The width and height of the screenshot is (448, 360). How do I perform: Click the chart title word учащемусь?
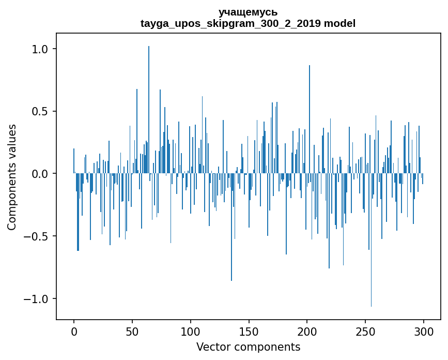click(x=248, y=12)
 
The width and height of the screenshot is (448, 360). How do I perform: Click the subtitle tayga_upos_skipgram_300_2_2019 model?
click(x=248, y=23)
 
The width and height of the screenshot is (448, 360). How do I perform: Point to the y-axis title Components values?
click(x=12, y=177)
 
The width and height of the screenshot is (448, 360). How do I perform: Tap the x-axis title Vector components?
click(x=248, y=347)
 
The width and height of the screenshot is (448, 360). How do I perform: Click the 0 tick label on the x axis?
click(x=74, y=331)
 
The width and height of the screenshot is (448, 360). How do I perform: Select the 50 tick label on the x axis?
click(x=132, y=331)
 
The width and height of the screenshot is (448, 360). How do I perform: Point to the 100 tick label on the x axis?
click(x=191, y=331)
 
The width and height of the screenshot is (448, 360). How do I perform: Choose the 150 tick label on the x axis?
click(x=249, y=331)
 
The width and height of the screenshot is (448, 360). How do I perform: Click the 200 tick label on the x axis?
click(x=307, y=331)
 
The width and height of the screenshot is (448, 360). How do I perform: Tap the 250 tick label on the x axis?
click(x=365, y=331)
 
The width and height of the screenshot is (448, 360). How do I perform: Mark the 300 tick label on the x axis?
click(x=424, y=331)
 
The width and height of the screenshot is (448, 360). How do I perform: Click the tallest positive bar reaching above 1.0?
click(x=149, y=103)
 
